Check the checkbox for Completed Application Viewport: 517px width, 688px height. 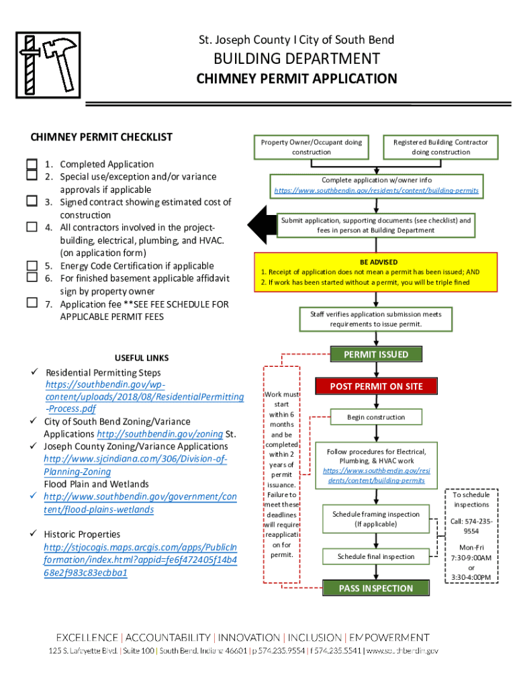pos(32,164)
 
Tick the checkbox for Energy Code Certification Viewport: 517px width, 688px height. pos(32,265)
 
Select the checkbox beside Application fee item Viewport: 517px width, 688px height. pos(32,302)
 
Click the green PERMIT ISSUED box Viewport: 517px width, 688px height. pos(376,354)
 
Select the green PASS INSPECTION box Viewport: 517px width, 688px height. pos(376,588)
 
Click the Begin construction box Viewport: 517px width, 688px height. pos(376,417)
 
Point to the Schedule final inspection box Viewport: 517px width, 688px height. pos(376,556)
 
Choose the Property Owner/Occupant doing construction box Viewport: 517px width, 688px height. pos(311,147)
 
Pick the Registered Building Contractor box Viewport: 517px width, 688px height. pos(440,147)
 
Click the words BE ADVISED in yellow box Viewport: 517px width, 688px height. pos(378,262)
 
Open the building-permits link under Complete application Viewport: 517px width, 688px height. pos(376,191)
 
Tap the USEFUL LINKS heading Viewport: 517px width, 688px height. pos(142,358)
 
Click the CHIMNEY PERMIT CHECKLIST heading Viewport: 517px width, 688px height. pos(101,137)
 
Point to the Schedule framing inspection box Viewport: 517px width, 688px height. pos(376,519)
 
